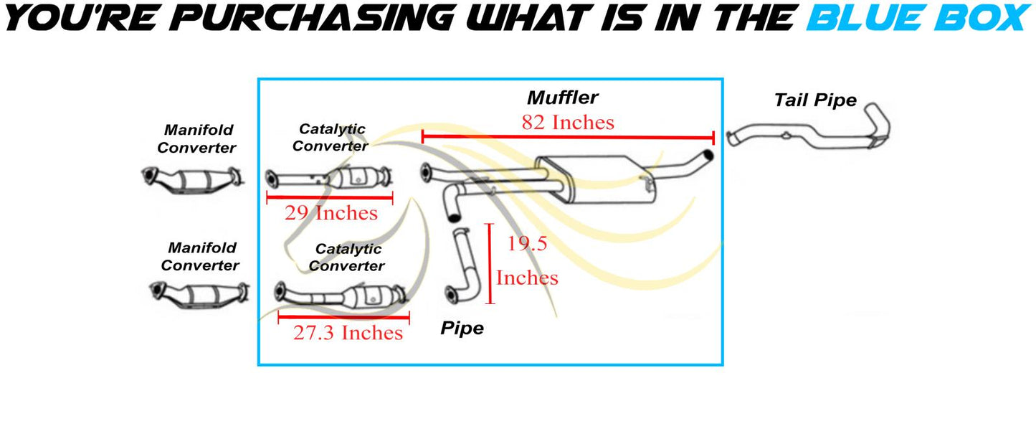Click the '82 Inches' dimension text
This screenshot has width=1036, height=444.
[x=568, y=123]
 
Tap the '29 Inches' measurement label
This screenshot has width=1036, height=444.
[x=331, y=213]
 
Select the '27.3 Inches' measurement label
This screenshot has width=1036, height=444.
[x=348, y=333]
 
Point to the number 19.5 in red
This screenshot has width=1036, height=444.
[x=527, y=243]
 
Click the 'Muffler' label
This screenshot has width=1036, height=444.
[x=562, y=98]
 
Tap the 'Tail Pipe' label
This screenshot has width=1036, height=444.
[x=815, y=100]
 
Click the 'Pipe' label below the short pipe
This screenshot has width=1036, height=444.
[x=462, y=329]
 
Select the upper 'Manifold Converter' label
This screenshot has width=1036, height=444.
[x=197, y=138]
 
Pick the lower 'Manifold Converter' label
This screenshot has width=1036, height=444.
[x=200, y=257]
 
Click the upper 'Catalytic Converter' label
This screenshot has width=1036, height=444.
[x=331, y=138]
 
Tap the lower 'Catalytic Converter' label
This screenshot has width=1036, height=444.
[x=347, y=258]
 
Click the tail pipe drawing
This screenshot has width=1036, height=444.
[x=808, y=126]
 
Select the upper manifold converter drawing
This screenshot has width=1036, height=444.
[x=192, y=179]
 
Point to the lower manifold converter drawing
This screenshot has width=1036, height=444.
[x=199, y=295]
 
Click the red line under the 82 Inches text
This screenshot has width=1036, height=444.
[x=568, y=137]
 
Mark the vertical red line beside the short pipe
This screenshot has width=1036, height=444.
[x=490, y=264]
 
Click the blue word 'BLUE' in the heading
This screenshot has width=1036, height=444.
[x=869, y=18]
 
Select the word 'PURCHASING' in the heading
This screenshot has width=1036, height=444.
[x=313, y=18]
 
